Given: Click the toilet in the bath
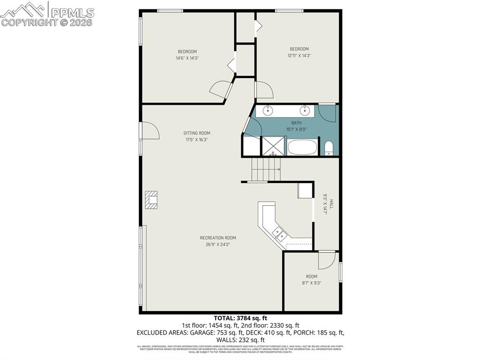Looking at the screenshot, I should click(329, 148).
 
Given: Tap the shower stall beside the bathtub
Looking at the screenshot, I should click(273, 146).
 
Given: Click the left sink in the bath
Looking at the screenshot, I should click(268, 111).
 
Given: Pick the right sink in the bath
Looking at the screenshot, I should click(305, 111).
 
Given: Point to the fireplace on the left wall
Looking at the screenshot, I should click(152, 199).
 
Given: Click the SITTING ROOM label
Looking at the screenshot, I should click(197, 133).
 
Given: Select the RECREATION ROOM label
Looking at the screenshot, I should click(217, 238).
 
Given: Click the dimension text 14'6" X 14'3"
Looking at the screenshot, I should click(187, 58).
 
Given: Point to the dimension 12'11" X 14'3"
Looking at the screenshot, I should click(299, 55).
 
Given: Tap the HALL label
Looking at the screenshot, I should click(331, 204).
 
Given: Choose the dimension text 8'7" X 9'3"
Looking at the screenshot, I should click(311, 283).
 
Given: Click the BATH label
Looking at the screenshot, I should click(296, 123).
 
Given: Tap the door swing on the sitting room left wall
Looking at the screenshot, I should click(149, 131).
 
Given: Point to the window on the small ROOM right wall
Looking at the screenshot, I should click(341, 273).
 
